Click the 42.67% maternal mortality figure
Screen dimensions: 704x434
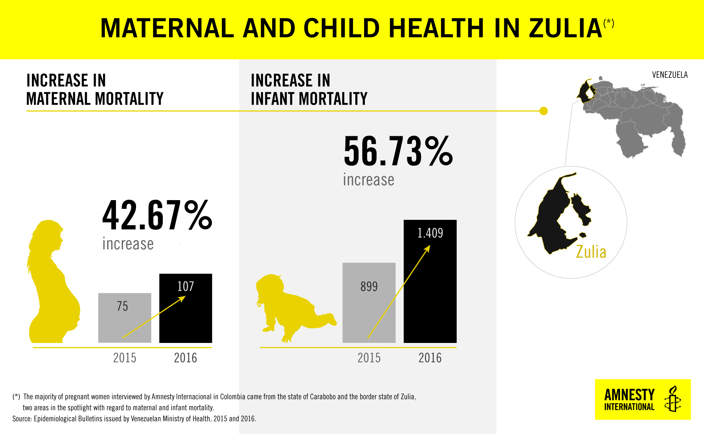157,216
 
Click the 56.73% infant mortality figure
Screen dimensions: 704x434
398,151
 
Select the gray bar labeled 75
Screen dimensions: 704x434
125,318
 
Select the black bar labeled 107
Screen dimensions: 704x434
186,308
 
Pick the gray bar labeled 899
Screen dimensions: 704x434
369,303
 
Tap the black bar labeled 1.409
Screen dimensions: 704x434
430,281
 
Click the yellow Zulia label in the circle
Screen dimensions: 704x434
591,252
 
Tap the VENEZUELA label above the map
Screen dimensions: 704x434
670,75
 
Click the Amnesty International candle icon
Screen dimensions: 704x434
673,399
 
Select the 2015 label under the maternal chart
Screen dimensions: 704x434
125,358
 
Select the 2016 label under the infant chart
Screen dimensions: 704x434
430,358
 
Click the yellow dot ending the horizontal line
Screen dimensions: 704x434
544,111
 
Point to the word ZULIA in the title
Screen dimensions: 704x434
565,28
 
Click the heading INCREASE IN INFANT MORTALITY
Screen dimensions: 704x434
309,90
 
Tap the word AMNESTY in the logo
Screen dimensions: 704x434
629,395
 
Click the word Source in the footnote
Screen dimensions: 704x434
22,419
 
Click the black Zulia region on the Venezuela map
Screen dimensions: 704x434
585,91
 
